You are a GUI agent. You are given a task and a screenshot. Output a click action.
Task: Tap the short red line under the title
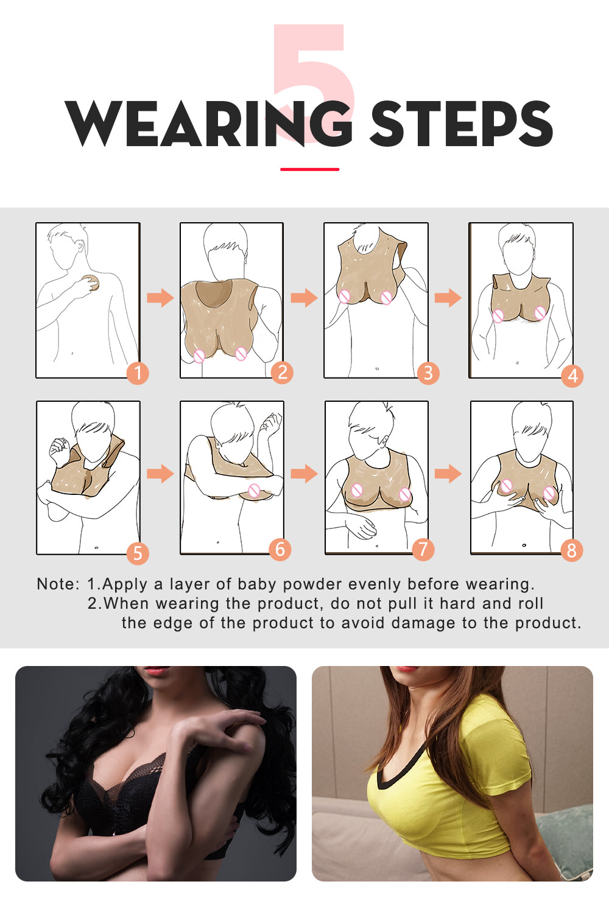(310, 169)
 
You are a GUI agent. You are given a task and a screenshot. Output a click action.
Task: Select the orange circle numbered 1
(138, 373)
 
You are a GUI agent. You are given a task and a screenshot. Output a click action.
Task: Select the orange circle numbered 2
(281, 372)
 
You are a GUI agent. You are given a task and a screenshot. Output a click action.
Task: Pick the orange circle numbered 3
(428, 373)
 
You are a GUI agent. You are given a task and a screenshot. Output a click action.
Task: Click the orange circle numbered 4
(572, 376)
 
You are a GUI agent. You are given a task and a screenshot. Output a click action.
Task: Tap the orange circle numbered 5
(138, 553)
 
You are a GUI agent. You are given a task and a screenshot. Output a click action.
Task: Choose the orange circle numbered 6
(280, 550)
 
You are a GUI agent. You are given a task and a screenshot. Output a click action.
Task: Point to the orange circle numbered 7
(423, 550)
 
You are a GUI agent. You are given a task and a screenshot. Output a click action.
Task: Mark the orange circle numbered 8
(571, 550)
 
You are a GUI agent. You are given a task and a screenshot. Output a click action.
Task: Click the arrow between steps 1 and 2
(160, 298)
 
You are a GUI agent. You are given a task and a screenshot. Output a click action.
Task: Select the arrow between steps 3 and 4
(448, 298)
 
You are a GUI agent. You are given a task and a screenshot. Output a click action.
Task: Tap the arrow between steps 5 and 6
(160, 474)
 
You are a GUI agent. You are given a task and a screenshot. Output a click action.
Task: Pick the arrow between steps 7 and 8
(448, 474)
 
